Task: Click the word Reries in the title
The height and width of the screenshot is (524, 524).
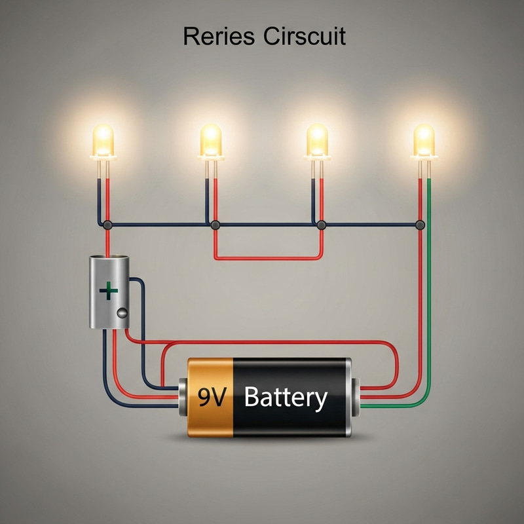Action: pyautogui.click(x=219, y=36)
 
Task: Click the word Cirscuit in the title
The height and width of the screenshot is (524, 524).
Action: pyautogui.click(x=305, y=36)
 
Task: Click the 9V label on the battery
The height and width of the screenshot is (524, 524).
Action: pyautogui.click(x=211, y=398)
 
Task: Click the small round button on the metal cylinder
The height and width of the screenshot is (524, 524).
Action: pyautogui.click(x=121, y=313)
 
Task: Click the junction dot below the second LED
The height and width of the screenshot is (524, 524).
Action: pyautogui.click(x=215, y=225)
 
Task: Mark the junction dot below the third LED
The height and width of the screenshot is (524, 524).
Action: pyautogui.click(x=321, y=225)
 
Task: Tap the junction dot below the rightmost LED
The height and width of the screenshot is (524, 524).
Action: pyautogui.click(x=420, y=225)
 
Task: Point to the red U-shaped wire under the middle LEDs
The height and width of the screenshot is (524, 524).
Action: pyautogui.click(x=269, y=258)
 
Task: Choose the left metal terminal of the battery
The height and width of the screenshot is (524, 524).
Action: pyautogui.click(x=183, y=396)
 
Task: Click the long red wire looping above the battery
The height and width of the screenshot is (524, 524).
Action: pyautogui.click(x=275, y=342)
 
